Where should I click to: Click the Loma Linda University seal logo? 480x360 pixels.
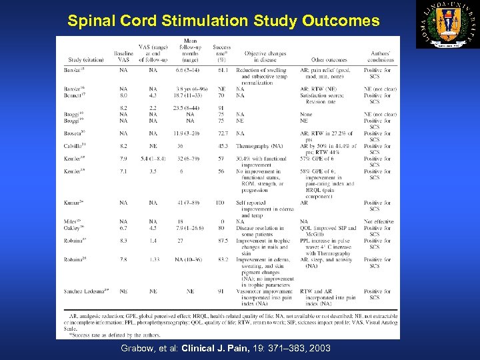tap(447, 24)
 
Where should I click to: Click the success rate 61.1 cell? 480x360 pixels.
tap(222, 70)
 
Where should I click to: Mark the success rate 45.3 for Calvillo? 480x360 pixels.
tap(222, 146)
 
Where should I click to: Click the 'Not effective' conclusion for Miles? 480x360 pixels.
tap(379, 221)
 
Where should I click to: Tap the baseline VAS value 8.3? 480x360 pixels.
tap(123, 241)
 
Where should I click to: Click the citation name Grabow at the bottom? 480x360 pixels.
tap(138, 349)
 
